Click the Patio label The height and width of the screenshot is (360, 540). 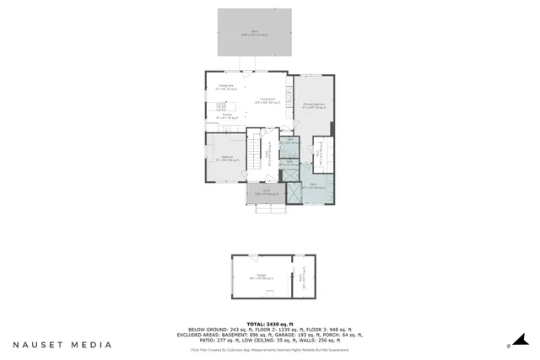point(255,35)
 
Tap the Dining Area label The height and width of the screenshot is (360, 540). point(225,87)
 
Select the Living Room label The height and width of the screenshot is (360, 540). point(268,100)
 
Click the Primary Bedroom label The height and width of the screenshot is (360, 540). point(314,105)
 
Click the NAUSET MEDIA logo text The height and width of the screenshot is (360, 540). point(62,344)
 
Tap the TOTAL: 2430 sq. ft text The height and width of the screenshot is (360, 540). point(269,323)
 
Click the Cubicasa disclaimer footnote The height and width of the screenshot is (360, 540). point(269,349)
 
